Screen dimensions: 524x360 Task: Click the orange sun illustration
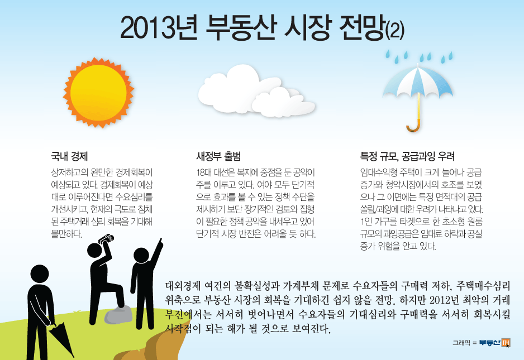[x=98, y=93]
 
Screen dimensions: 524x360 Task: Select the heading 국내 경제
[x=69, y=156]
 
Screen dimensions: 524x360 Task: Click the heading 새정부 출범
[x=218, y=156]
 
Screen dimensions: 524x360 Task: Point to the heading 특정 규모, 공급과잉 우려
[x=407, y=156]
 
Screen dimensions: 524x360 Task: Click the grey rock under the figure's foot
[x=118, y=315]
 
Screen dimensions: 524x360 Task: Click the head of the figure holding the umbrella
[x=40, y=274]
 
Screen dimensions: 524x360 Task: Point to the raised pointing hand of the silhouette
[x=160, y=243]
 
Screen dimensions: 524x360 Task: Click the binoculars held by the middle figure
[x=106, y=239]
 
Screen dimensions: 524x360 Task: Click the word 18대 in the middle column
[x=203, y=172]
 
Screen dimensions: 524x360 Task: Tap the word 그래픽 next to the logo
[x=461, y=343]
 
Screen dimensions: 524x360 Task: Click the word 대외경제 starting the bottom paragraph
[x=183, y=286]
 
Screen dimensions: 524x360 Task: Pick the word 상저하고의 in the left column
[x=69, y=172]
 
